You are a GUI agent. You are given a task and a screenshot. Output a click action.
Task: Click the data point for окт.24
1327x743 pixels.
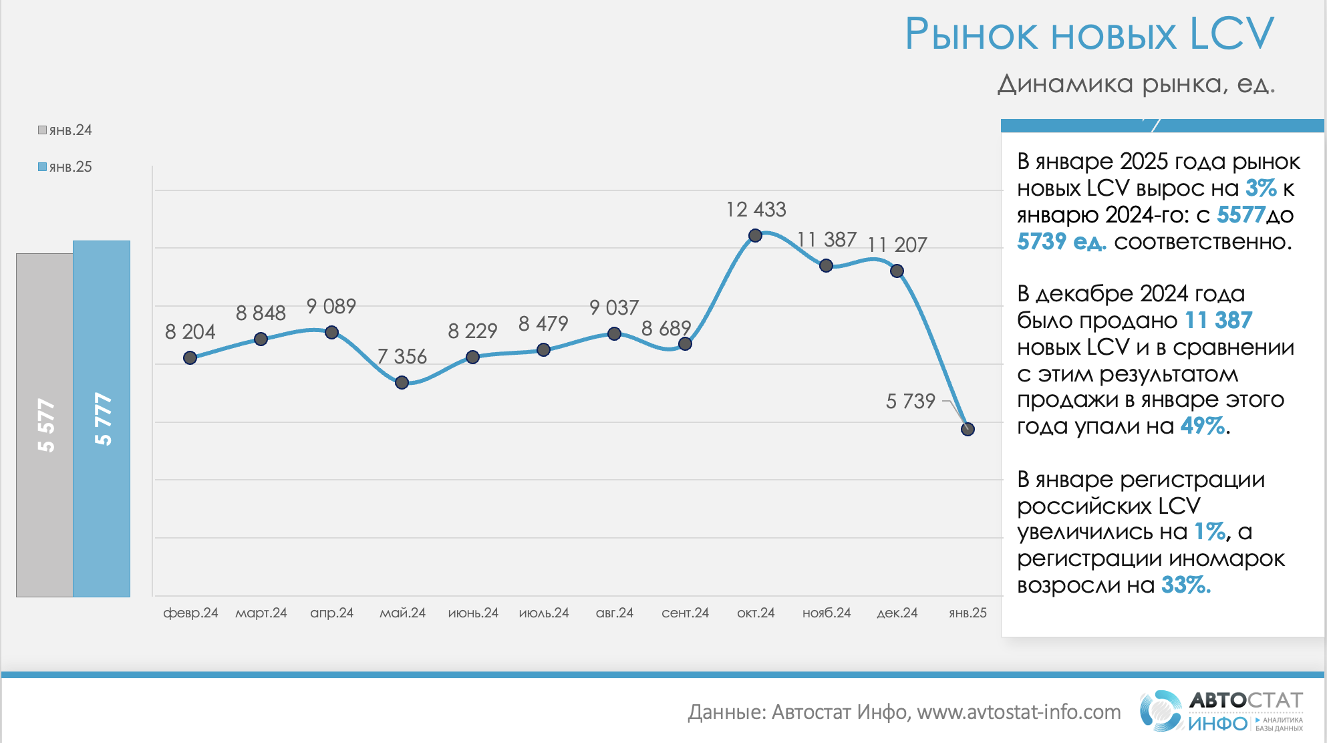(x=755, y=235)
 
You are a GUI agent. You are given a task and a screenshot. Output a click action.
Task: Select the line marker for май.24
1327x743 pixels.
(x=402, y=382)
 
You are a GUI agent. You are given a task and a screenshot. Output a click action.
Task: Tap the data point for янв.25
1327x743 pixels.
(x=968, y=429)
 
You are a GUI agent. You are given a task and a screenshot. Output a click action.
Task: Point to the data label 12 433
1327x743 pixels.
(x=756, y=210)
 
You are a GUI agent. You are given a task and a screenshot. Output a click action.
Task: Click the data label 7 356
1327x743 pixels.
(x=402, y=357)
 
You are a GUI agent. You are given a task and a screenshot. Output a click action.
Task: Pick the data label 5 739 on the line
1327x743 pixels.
(x=910, y=401)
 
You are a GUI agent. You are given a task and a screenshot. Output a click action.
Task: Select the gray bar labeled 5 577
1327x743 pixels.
(x=45, y=424)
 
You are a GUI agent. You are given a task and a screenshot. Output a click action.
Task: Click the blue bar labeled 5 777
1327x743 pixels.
(x=102, y=418)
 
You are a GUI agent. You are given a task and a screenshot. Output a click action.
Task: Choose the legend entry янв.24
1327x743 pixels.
(x=65, y=130)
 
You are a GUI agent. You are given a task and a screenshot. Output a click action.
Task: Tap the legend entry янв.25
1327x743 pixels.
(x=65, y=167)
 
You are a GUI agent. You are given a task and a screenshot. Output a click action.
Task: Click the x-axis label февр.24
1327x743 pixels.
(x=190, y=613)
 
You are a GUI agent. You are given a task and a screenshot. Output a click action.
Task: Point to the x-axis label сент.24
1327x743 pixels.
(x=685, y=613)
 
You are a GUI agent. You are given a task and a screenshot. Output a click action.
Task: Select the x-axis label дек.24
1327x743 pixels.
(x=897, y=613)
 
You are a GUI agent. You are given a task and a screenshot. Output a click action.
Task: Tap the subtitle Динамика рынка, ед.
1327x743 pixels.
(x=1136, y=84)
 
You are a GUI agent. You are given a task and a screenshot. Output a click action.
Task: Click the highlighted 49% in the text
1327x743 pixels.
(x=1203, y=426)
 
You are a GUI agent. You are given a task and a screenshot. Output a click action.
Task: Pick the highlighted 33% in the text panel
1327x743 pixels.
(x=1185, y=585)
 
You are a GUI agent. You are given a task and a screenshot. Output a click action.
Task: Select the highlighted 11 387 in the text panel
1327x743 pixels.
(x=1218, y=321)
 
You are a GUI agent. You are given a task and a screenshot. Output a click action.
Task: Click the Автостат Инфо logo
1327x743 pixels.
(x=1221, y=711)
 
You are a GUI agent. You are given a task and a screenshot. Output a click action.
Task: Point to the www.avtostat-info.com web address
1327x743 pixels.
(x=1018, y=712)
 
